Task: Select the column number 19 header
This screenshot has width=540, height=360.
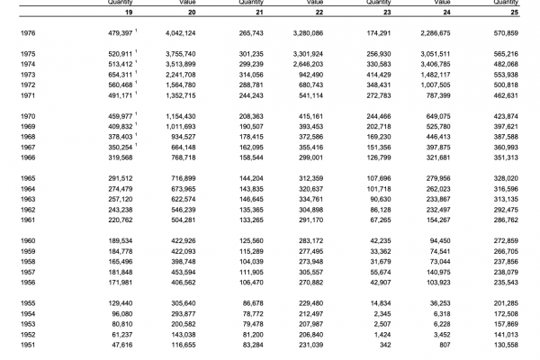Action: tap(130, 13)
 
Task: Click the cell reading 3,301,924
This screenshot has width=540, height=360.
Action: tap(323, 54)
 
